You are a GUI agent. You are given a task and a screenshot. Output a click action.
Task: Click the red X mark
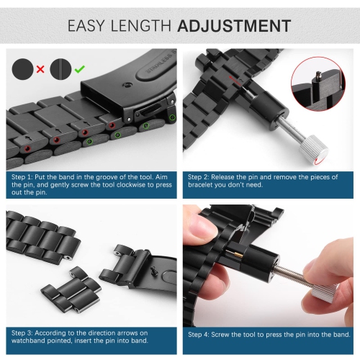tap(40, 69)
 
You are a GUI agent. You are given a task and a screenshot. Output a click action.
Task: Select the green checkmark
tap(80, 69)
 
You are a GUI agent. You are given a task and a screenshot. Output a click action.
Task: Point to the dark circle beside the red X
tap(22, 69)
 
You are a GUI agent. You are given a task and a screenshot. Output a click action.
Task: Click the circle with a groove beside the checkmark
tap(60, 69)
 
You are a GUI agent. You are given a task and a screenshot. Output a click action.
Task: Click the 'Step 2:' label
tap(202, 175)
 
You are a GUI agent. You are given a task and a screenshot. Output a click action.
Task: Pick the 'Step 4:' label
tap(202, 335)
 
